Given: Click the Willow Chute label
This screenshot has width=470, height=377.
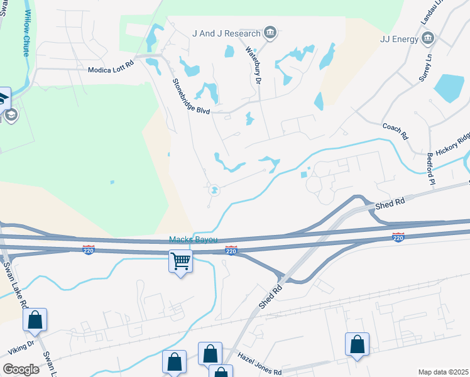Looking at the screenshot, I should tap(27, 33).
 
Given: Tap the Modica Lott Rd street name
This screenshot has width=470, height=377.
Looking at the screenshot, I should tap(111, 64).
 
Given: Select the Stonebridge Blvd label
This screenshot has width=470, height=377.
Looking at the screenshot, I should tap(192, 96).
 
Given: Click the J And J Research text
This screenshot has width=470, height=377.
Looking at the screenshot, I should tap(227, 33).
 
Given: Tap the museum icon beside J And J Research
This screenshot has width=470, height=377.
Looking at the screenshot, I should tap(270, 33).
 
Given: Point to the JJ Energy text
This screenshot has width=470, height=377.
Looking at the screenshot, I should tap(399, 39).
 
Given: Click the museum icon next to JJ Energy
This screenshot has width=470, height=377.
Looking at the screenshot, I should tap(427, 39).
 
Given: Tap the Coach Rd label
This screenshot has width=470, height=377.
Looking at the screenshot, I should tap(395, 131).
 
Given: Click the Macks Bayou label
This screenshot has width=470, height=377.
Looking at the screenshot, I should tap(193, 239).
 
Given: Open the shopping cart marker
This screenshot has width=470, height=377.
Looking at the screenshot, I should tap(180, 260).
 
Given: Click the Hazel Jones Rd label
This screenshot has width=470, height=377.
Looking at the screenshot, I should tap(260, 364).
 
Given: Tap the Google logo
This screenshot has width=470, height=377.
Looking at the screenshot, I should tap(21, 369).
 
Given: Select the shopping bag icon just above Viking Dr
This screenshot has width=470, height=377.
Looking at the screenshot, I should tap(35, 320).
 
